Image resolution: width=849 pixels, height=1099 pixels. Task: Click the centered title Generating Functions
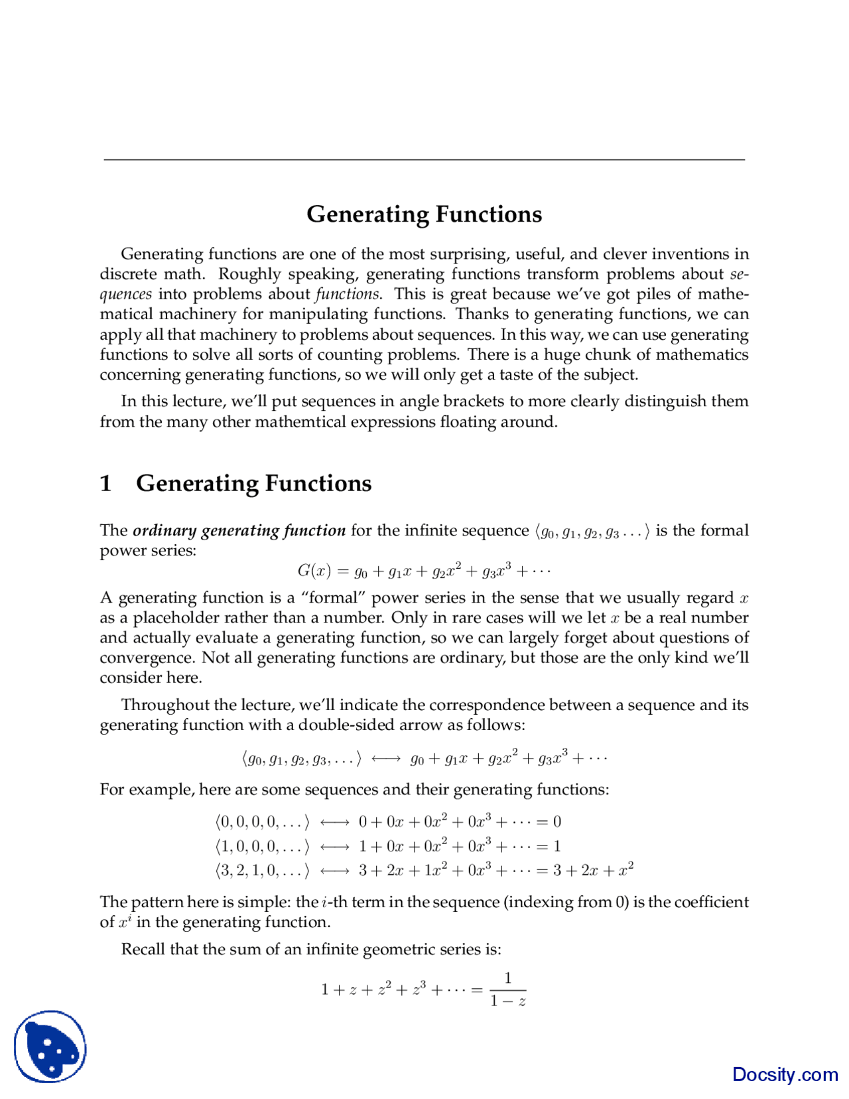coord(424,214)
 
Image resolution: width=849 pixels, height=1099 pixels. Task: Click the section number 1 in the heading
coord(105,483)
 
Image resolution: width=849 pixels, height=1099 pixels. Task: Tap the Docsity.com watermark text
coord(785,1074)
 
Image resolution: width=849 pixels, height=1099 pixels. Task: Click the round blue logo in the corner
coord(50,1046)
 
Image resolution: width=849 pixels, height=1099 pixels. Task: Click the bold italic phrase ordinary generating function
coord(239,530)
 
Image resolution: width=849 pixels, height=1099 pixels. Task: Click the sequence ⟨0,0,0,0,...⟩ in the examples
coord(262,822)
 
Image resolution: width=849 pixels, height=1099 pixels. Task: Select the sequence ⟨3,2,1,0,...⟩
coord(262,870)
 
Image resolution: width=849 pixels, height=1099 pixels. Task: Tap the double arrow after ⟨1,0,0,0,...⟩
coord(334,846)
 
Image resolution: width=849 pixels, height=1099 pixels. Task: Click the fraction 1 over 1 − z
coord(508,989)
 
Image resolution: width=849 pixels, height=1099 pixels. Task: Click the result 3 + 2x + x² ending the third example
coord(594,870)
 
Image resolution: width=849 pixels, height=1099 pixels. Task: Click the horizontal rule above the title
coord(424,159)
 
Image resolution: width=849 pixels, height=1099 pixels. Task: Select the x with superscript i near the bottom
coord(125,922)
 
